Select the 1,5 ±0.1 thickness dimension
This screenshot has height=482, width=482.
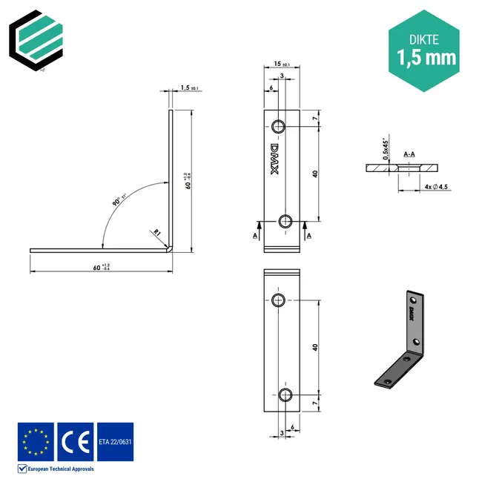pos(190,88)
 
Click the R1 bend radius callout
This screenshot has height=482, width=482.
pos(156,233)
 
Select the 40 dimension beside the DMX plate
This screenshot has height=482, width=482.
pos(315,174)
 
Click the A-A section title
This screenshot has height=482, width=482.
pos(409,154)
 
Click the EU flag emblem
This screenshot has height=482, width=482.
pos(36,441)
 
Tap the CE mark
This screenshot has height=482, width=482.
pos(75,441)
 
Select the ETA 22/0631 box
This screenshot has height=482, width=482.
pos(115,441)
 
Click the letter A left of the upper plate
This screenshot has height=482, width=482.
pos(255,234)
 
